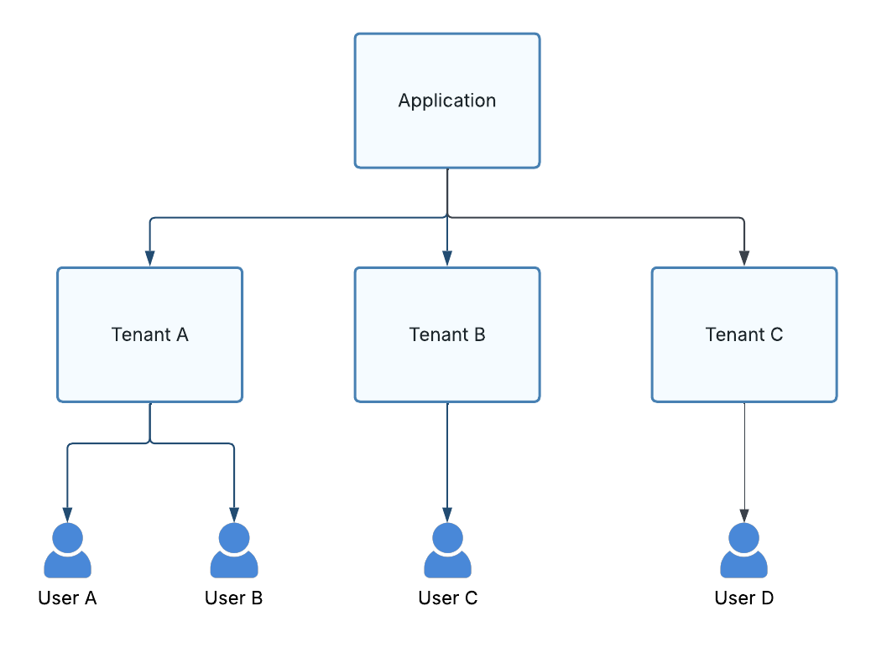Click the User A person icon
(67, 551)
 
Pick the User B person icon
(233, 551)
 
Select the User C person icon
(447, 551)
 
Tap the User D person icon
(743, 551)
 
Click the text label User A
(67, 598)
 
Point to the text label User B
(233, 598)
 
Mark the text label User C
(447, 598)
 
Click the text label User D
(743, 598)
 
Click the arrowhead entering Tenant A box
(150, 258)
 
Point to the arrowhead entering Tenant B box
(447, 258)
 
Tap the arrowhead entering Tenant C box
(743, 258)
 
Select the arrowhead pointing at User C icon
(447, 514)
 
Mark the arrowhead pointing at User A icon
(67, 514)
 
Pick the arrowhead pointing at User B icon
(233, 514)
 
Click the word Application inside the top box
(446, 101)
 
